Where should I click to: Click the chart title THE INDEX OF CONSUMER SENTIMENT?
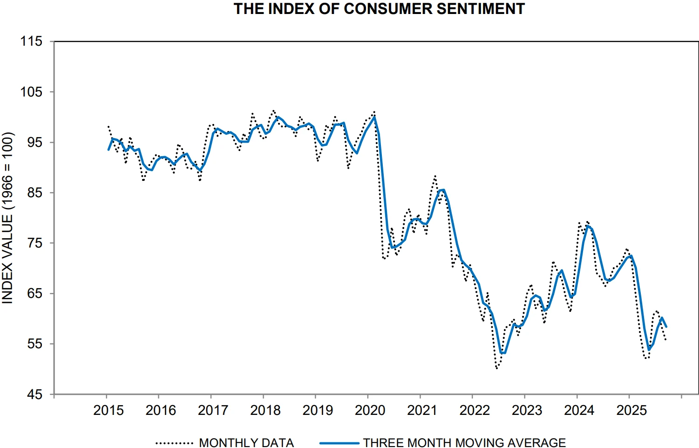click(x=379, y=9)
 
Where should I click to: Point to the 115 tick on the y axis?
click(x=31, y=41)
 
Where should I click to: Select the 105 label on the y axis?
click(x=31, y=92)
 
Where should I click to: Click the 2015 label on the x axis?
click(x=109, y=410)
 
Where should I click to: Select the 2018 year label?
click(x=265, y=410)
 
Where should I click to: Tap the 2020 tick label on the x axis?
click(x=370, y=410)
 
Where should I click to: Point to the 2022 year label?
click(x=475, y=410)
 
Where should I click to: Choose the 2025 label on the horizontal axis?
click(x=631, y=410)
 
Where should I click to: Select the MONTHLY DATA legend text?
click(x=246, y=442)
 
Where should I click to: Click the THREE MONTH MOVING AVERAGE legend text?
click(x=464, y=442)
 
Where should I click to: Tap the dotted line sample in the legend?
click(x=174, y=443)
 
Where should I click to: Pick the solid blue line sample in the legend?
click(x=339, y=443)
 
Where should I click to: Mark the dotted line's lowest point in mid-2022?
click(x=497, y=368)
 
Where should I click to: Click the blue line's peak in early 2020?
click(x=374, y=117)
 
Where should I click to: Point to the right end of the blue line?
click(x=666, y=327)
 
